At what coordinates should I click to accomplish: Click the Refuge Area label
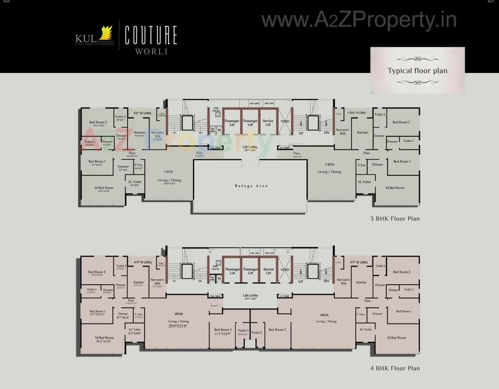(x=251, y=186)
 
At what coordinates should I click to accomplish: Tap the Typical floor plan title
(x=418, y=71)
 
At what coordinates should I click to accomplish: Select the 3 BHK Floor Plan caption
(x=395, y=218)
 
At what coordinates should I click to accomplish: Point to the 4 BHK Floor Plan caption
(x=395, y=368)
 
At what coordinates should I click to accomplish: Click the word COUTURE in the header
(x=151, y=36)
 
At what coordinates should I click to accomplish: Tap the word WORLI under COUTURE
(x=151, y=51)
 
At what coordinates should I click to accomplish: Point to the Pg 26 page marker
(x=5, y=2)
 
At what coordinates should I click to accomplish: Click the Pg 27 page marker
(x=490, y=2)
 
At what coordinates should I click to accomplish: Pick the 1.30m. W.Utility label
(x=356, y=113)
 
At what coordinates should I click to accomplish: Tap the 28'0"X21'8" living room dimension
(x=178, y=326)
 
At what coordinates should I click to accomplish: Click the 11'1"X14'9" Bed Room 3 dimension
(x=223, y=334)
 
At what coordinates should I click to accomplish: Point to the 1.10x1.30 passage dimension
(x=297, y=157)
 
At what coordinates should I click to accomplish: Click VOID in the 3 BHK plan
(x=285, y=121)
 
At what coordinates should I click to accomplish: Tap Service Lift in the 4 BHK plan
(x=269, y=271)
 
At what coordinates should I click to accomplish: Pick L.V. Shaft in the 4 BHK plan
(x=284, y=296)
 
